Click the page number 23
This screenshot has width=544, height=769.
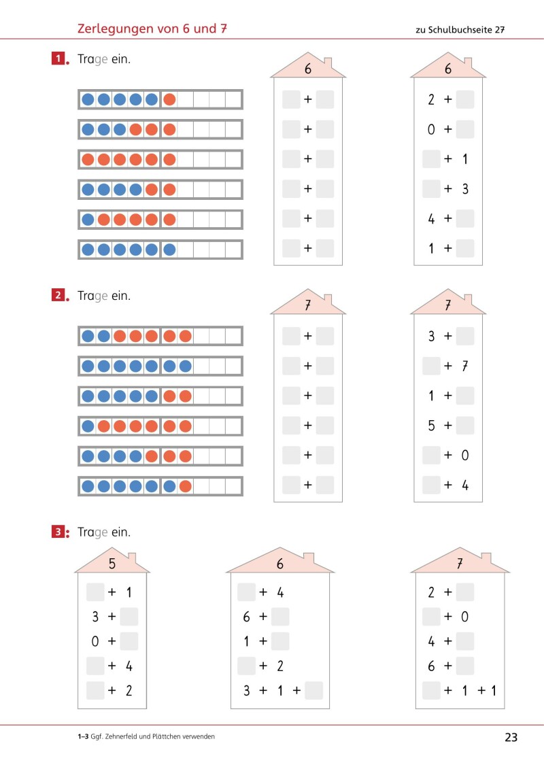click(511, 737)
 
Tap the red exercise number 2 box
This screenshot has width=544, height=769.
click(58, 295)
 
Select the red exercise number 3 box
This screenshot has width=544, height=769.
click(58, 532)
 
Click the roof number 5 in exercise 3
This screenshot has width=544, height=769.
click(112, 564)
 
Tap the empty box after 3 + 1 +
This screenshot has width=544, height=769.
click(314, 691)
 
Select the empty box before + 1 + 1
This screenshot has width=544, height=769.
click(431, 691)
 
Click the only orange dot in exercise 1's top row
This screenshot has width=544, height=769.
click(169, 99)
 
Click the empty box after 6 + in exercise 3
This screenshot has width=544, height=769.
click(280, 617)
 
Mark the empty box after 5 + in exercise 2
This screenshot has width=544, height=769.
click(465, 425)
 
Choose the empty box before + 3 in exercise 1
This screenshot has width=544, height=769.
click(431, 189)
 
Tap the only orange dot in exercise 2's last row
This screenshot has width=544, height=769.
click(185, 486)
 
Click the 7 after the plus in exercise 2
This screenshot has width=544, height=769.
click(465, 366)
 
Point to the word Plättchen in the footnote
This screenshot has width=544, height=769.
click(167, 736)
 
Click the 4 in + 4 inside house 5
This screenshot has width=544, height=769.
click(129, 666)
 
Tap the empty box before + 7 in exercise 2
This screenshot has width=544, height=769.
click(431, 366)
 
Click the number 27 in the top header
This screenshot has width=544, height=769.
click(499, 29)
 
